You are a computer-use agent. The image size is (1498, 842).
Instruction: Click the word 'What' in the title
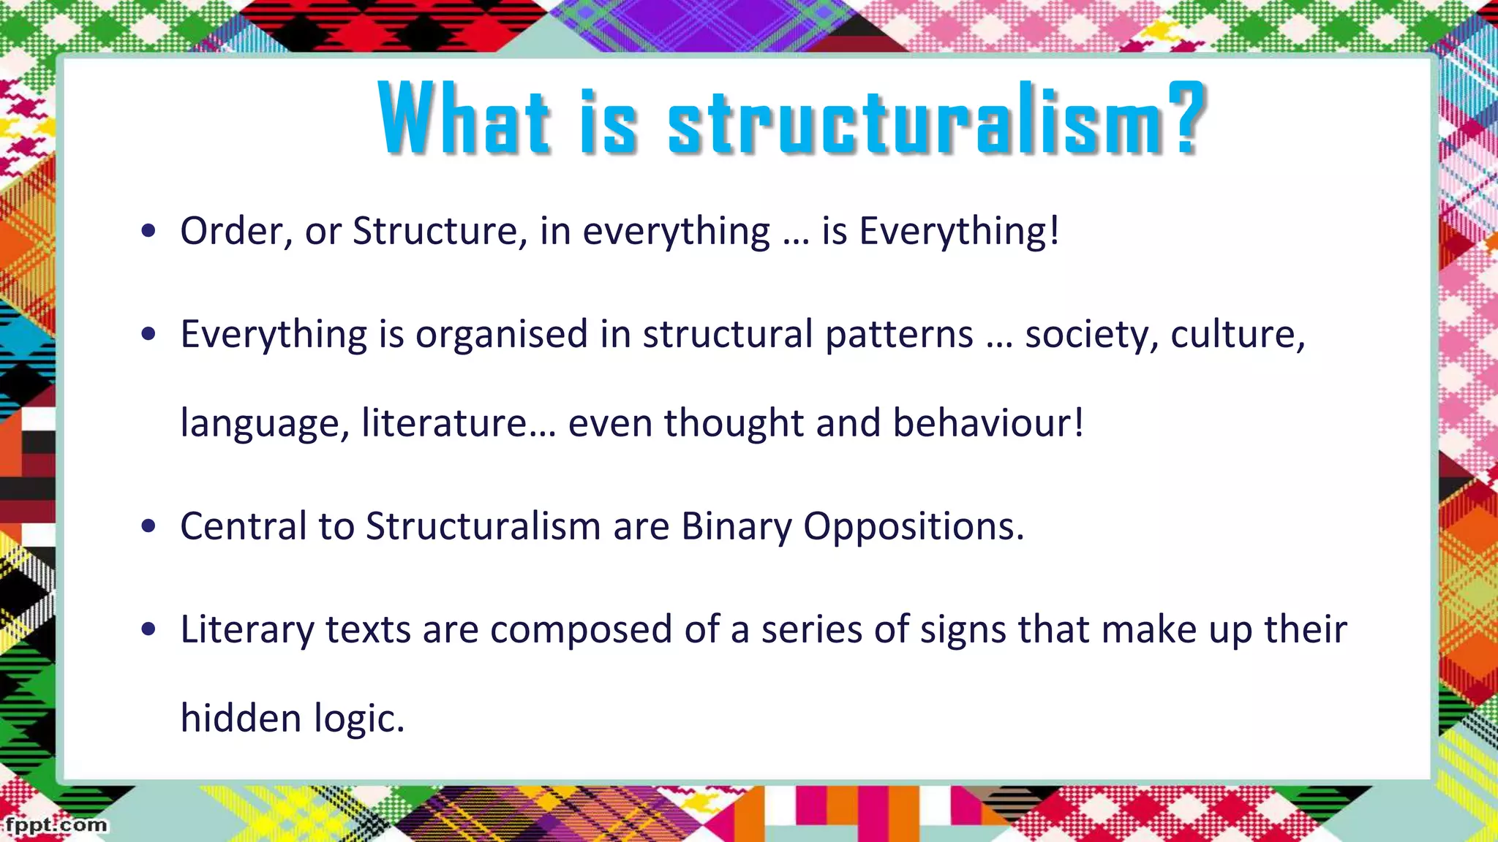pyautogui.click(x=464, y=118)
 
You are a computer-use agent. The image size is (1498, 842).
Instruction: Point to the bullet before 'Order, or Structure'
pyautogui.click(x=149, y=232)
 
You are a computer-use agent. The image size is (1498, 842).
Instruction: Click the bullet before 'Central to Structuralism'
pyautogui.click(x=149, y=526)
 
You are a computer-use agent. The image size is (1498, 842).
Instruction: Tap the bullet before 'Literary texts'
pyautogui.click(x=149, y=629)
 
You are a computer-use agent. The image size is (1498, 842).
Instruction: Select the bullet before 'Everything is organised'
pyautogui.click(x=149, y=335)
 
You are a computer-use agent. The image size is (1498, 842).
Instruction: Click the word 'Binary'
pyautogui.click(x=736, y=526)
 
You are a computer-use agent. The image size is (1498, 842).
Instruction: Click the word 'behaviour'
pyautogui.click(x=982, y=423)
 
